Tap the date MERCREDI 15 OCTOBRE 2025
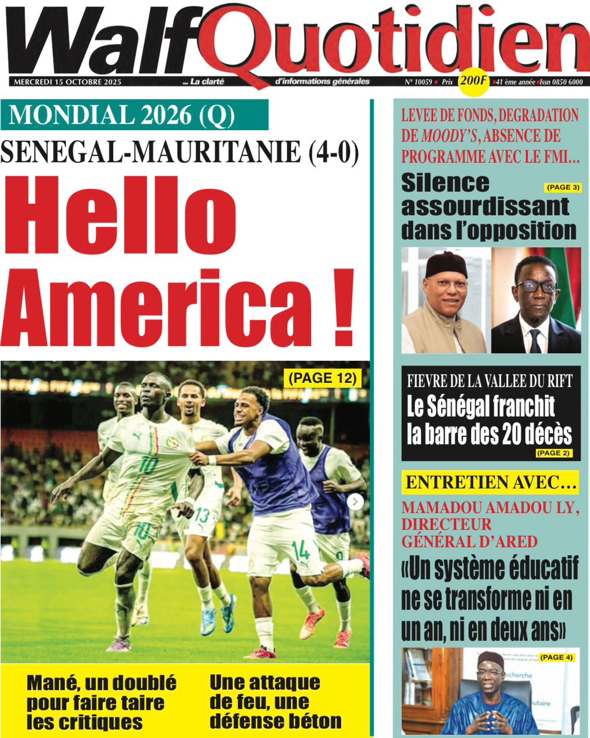tap(67, 82)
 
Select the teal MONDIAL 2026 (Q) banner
tap(134, 115)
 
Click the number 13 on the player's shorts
tap(201, 514)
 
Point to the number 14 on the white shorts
tap(301, 549)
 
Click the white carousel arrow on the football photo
tap(356, 502)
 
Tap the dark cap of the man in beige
tap(446, 264)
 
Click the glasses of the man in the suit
tap(536, 286)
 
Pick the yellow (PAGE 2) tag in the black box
tap(553, 453)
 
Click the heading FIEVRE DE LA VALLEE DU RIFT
tap(490, 381)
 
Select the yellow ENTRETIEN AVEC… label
tap(490, 483)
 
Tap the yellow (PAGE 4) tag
tap(557, 657)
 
